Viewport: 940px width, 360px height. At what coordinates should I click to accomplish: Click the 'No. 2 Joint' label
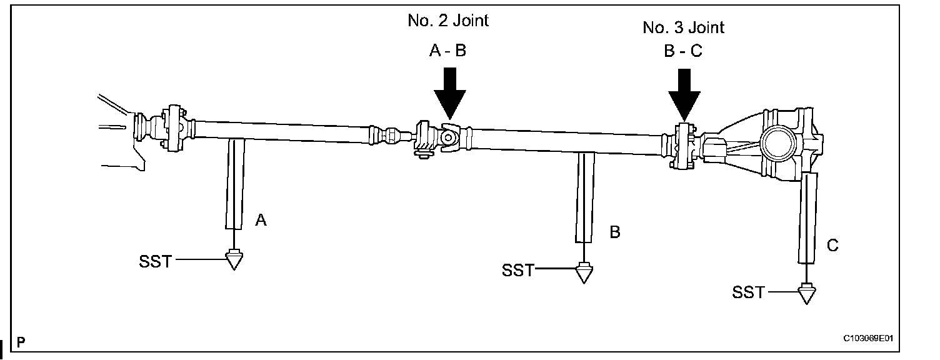447,21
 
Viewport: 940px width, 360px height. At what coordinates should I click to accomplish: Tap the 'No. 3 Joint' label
683,27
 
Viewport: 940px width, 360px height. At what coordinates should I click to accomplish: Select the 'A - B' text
447,51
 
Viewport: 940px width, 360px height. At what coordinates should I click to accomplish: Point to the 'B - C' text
683,51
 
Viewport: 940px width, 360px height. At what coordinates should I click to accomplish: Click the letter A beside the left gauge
261,219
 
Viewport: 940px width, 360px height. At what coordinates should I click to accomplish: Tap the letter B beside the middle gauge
615,232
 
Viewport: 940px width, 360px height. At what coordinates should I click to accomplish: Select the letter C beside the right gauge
832,246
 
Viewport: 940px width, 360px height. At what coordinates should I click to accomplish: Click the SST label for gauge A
155,261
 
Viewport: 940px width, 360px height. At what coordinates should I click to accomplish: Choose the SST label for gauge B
518,271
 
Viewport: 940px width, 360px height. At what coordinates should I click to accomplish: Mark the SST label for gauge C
748,292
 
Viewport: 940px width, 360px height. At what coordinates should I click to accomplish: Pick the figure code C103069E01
868,338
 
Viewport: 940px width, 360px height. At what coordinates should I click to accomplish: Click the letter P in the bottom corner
21,342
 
